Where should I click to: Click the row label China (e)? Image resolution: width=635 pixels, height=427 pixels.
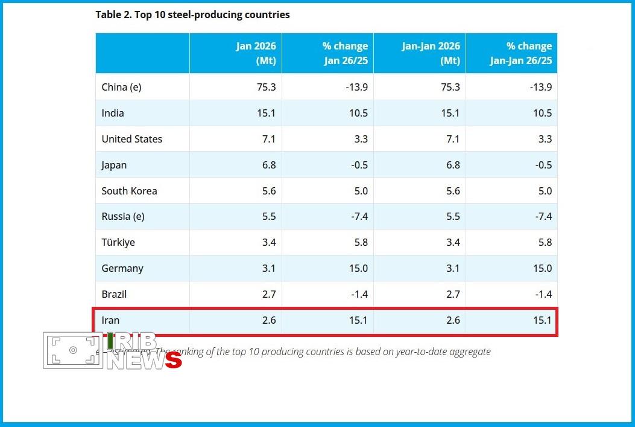pyautogui.click(x=121, y=87)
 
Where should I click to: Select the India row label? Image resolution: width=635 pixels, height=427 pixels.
pyautogui.click(x=113, y=113)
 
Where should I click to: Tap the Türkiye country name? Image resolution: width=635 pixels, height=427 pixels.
pyautogui.click(x=118, y=242)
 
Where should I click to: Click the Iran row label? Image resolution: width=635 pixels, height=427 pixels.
pyautogui.click(x=111, y=320)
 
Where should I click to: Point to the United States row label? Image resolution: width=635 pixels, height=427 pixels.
pyautogui.click(x=131, y=139)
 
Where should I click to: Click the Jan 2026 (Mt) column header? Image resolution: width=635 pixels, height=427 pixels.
pyautogui.click(x=256, y=53)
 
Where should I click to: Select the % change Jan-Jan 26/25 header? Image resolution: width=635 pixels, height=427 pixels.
pyautogui.click(x=520, y=53)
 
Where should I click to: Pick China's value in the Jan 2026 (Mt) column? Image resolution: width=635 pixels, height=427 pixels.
pyautogui.click(x=265, y=87)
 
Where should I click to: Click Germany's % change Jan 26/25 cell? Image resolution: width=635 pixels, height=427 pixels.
pyautogui.click(x=358, y=268)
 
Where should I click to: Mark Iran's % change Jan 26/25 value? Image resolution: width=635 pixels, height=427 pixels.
pyautogui.click(x=358, y=320)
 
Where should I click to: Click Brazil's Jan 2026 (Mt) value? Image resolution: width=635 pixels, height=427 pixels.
pyautogui.click(x=268, y=294)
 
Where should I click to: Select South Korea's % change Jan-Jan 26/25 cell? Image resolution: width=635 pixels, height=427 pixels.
pyautogui.click(x=544, y=191)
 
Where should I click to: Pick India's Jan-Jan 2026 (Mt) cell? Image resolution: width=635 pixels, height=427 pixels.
pyautogui.click(x=449, y=113)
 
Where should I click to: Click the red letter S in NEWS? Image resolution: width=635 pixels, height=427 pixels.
pyautogui.click(x=173, y=360)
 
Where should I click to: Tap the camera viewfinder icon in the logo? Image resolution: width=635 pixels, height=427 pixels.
pyautogui.click(x=73, y=350)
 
